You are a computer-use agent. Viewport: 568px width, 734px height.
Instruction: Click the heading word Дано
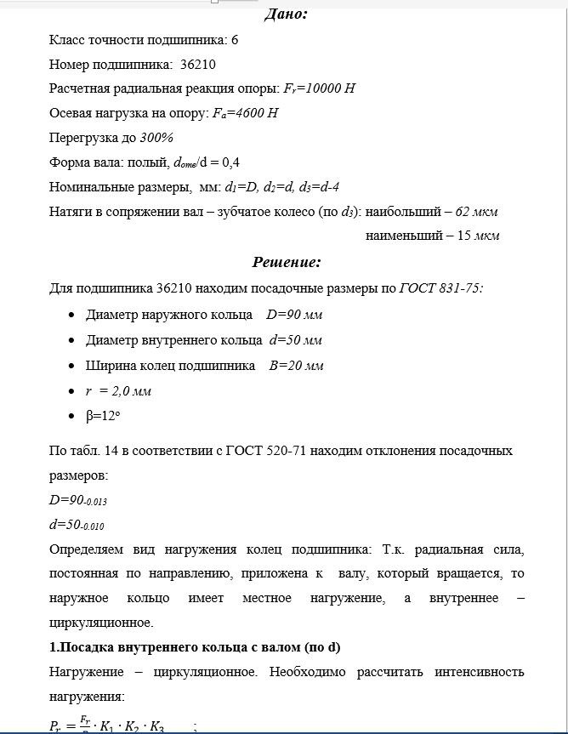pos(286,14)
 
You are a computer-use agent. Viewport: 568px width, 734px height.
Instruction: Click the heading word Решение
pos(286,262)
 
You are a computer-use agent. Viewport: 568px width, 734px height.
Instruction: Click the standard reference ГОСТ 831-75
pos(441,288)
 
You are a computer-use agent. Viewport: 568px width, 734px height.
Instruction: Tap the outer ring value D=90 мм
pos(294,315)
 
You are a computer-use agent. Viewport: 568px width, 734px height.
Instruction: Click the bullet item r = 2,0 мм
pos(118,391)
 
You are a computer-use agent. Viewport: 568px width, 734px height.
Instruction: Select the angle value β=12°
pos(106,417)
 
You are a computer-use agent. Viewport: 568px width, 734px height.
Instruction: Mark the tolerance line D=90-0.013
pos(78,501)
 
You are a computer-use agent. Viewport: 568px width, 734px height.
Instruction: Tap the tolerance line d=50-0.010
pos(77,526)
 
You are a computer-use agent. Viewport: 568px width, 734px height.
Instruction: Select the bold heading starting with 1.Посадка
pos(195,647)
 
